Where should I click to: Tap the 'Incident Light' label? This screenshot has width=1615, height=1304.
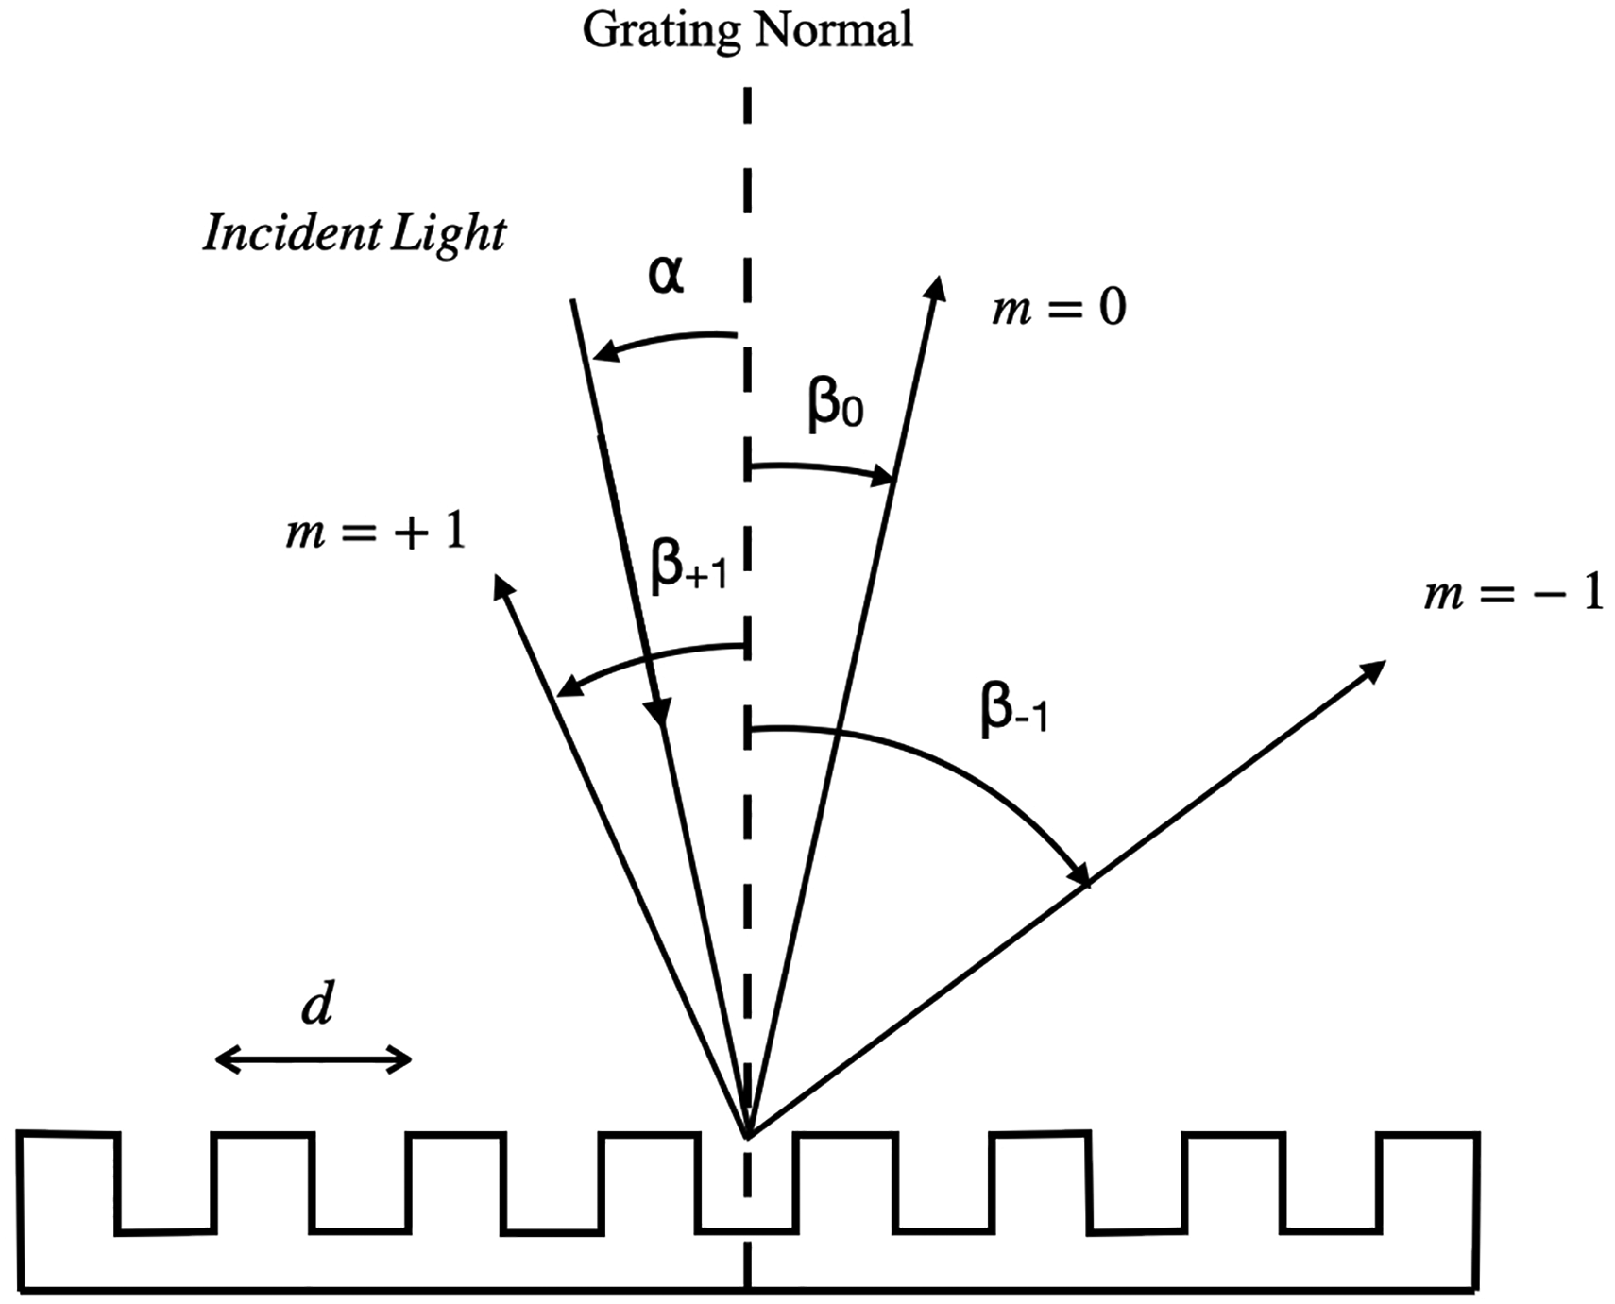pos(354,232)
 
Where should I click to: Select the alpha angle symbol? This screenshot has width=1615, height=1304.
pos(666,275)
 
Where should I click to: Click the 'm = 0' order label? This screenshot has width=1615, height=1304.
pos(1059,309)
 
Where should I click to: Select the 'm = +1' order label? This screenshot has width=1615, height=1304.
pos(376,533)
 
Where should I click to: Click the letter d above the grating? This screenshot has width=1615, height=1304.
pos(317,1007)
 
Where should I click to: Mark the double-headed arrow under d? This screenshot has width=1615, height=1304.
pos(314,1060)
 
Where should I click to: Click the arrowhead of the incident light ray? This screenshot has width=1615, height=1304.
pos(660,714)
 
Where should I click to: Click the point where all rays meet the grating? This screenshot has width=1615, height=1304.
pos(747,1134)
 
